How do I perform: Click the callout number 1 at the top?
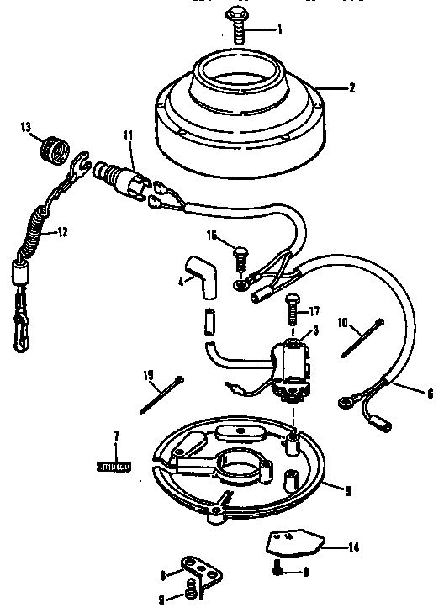[x=279, y=29]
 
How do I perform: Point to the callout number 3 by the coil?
[x=314, y=330]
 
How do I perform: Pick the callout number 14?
[x=353, y=547]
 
